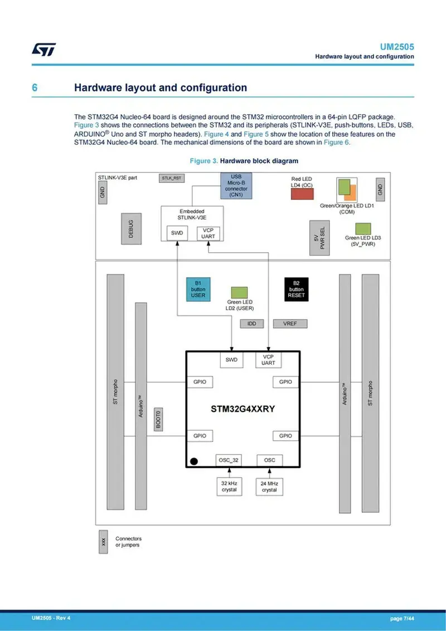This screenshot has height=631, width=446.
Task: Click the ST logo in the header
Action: tap(43, 50)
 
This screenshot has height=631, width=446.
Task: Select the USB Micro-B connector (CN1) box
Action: tap(236, 186)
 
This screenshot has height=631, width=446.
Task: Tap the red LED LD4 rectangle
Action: tap(302, 193)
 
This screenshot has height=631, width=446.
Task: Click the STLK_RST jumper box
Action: tap(172, 179)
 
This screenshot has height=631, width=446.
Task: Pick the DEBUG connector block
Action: tap(131, 228)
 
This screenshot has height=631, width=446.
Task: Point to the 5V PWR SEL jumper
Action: tap(318, 238)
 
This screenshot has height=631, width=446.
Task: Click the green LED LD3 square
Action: tap(363, 228)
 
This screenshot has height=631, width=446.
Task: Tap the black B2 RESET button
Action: tap(297, 289)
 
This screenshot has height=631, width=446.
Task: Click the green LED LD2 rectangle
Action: tap(240, 292)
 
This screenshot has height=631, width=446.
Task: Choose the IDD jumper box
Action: tap(251, 324)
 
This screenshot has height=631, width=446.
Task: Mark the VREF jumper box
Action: tap(290, 324)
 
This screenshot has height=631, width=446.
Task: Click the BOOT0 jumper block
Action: tap(158, 419)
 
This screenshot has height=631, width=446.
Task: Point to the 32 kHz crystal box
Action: tap(229, 487)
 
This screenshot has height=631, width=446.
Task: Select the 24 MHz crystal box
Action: tap(269, 487)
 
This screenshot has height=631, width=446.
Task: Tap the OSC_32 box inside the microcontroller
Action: tap(229, 460)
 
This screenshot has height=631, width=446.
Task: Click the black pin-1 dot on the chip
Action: tap(194, 461)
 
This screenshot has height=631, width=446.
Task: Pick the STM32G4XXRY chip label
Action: tap(243, 408)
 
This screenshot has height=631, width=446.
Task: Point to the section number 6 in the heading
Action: tap(35, 88)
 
